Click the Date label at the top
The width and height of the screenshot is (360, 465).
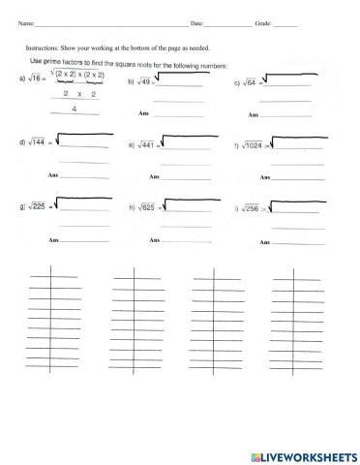coord(197,21)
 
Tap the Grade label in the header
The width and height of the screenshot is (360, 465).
coord(263,21)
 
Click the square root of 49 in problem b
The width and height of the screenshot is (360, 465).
coord(142,83)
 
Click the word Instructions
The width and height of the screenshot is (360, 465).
coord(42,46)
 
